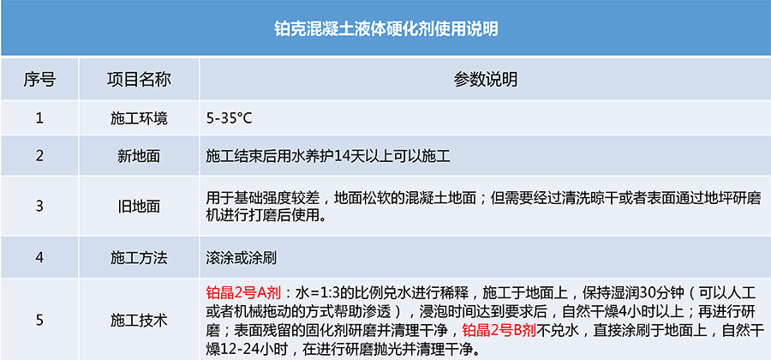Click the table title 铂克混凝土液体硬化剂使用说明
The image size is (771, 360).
click(x=386, y=28)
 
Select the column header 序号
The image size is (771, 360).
click(x=39, y=80)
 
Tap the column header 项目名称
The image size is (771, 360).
click(x=139, y=80)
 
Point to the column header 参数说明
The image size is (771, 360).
click(x=486, y=80)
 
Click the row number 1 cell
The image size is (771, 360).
click(x=39, y=118)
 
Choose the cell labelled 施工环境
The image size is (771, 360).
click(x=139, y=118)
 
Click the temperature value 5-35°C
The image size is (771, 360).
click(x=229, y=119)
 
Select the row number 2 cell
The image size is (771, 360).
click(x=39, y=156)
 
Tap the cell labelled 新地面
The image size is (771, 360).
click(x=139, y=156)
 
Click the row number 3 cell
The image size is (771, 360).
click(x=39, y=206)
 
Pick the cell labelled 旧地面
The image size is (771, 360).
click(x=139, y=207)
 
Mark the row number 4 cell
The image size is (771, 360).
click(x=39, y=257)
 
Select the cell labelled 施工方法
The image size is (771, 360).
click(x=139, y=258)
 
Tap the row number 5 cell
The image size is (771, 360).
click(x=39, y=321)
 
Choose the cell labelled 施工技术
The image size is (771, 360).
click(x=139, y=321)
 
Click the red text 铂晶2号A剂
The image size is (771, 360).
click(x=243, y=294)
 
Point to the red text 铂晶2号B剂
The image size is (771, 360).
click(x=499, y=329)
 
